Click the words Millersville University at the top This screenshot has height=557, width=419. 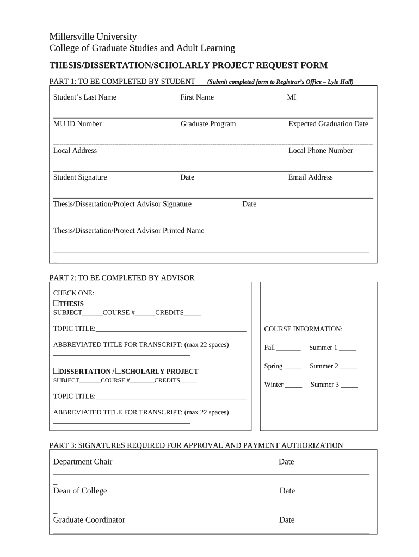click(93, 37)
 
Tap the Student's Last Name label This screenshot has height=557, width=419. click(84, 97)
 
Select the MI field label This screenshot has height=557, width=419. click(292, 97)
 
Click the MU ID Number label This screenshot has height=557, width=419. click(77, 124)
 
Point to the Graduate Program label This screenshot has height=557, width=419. click(208, 124)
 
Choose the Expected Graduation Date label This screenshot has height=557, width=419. click(328, 124)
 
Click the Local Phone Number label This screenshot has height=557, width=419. click(321, 151)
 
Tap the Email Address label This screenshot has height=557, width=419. click(310, 177)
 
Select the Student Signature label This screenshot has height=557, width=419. click(80, 177)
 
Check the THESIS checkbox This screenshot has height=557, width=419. click(56, 303)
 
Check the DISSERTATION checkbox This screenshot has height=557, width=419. click(56, 370)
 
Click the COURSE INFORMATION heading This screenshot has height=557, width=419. click(303, 329)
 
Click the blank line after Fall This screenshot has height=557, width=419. click(289, 349)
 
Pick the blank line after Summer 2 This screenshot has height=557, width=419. click(348, 367)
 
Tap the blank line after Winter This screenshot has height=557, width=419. click(294, 386)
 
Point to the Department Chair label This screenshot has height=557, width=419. click(83, 462)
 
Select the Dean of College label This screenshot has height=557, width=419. click(80, 491)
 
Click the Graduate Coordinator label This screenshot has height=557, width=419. click(89, 520)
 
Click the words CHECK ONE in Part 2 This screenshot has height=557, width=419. click(73, 293)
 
